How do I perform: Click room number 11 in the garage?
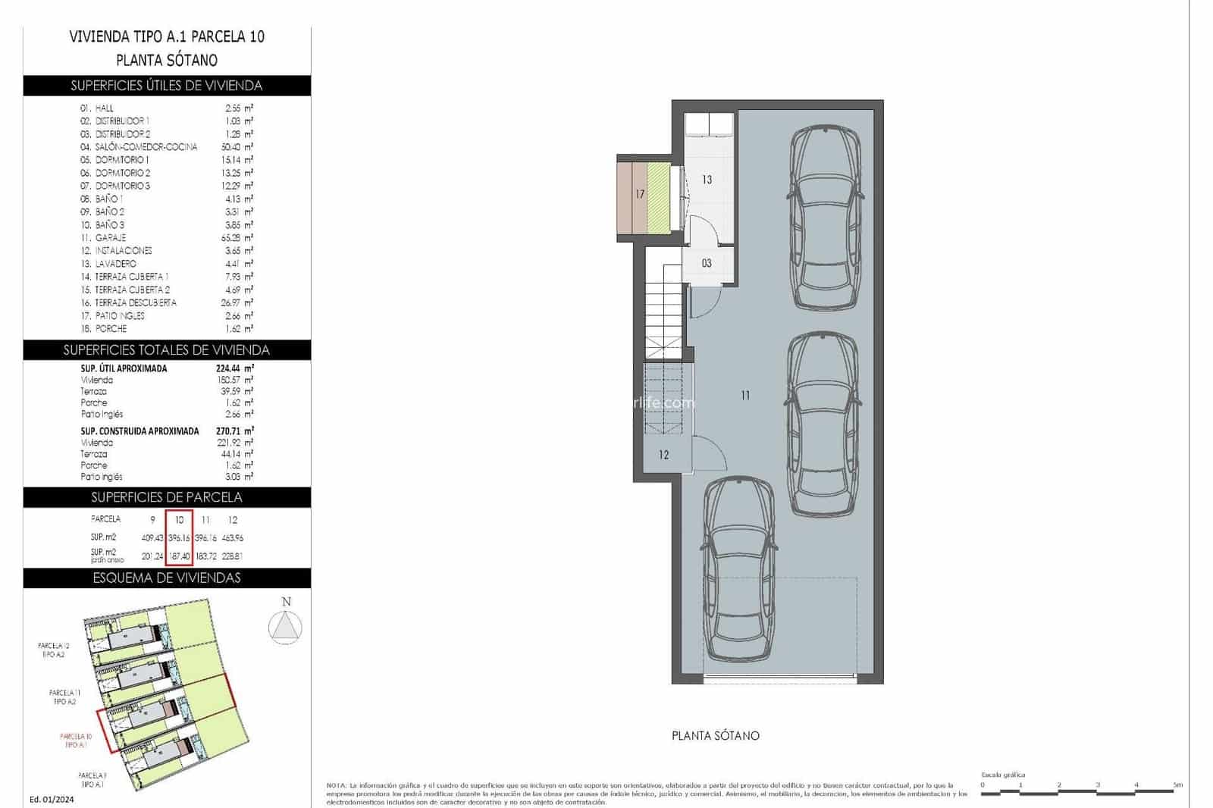[x=745, y=395]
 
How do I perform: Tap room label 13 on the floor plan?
[x=707, y=180]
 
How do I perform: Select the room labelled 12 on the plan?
[x=664, y=455]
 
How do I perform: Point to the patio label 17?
[x=640, y=194]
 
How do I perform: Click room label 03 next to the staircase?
[x=707, y=264]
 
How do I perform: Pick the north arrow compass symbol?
[x=286, y=628]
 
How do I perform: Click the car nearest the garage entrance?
[x=738, y=570]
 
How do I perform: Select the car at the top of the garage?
[x=825, y=218]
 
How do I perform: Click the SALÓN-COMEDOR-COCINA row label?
[x=146, y=147]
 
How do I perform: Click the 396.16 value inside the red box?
[x=180, y=538]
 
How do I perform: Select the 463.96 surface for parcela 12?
[x=232, y=538]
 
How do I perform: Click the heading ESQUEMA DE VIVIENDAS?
[x=167, y=578]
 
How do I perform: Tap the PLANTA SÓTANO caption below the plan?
[x=715, y=735]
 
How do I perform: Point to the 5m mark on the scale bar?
[x=1176, y=785]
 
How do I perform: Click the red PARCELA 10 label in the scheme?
[x=76, y=741]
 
